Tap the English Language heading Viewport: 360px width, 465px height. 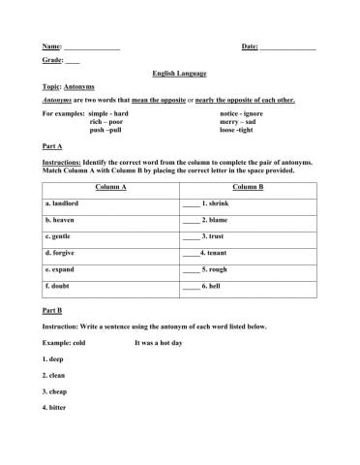(x=179, y=73)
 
